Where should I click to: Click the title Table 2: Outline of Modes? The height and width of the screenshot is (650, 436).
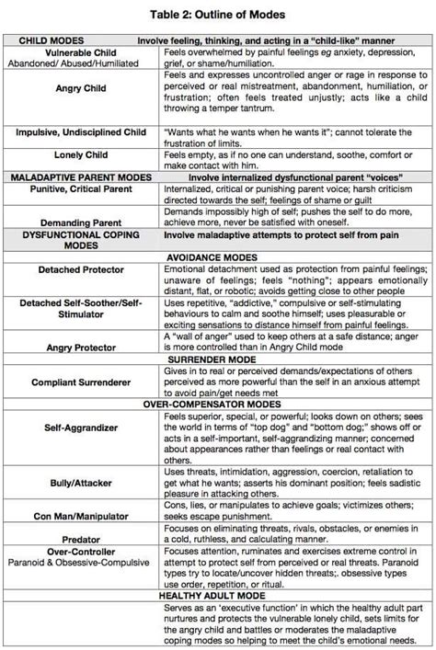(218, 16)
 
